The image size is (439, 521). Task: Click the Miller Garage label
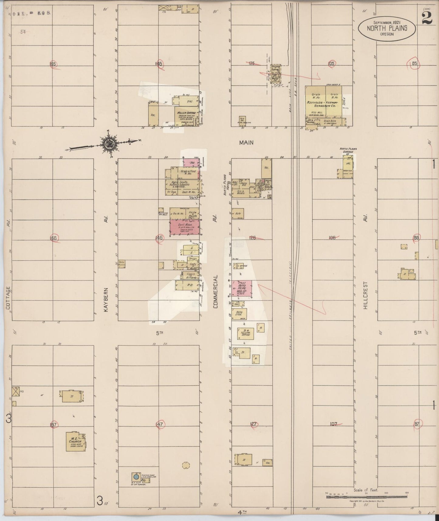(187, 113)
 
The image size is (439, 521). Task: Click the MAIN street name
(246, 142)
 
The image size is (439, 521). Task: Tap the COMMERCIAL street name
(215, 292)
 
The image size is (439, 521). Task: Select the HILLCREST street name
(365, 295)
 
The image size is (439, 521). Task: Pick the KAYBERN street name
(106, 299)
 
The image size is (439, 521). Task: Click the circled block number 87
(416, 424)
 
